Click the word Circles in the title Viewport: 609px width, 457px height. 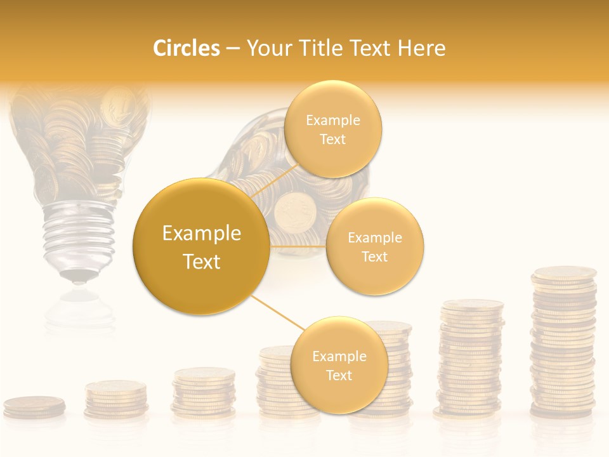tap(186, 48)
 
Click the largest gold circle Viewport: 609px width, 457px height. tap(201, 246)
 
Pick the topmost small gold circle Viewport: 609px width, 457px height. tap(332, 129)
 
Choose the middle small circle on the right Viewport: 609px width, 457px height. tap(374, 246)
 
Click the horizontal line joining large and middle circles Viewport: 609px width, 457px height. tap(298, 246)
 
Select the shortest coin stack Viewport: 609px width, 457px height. tap(34, 406)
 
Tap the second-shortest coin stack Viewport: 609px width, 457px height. tap(116, 399)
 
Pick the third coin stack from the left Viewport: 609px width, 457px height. tap(204, 392)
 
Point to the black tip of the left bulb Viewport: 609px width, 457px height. tap(78, 277)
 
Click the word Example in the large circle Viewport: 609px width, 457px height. tap(201, 234)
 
